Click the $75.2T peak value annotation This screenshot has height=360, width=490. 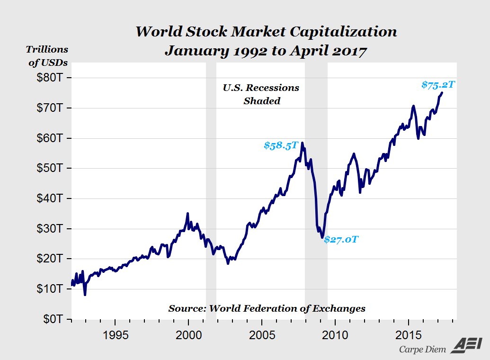click(x=438, y=85)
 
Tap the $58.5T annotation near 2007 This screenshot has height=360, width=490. click(x=281, y=145)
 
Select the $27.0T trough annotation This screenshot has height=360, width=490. click(x=341, y=240)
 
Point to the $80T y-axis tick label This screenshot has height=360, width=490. click(x=51, y=78)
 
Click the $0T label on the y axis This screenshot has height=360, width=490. click(x=53, y=319)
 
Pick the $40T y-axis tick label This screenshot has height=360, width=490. click(x=51, y=198)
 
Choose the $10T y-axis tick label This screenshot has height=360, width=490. click(x=51, y=289)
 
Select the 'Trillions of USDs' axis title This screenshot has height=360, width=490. click(x=47, y=55)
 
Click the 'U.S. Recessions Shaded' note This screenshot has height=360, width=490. click(x=261, y=94)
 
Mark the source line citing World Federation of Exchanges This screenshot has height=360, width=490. click(x=267, y=308)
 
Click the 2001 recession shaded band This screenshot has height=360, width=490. click(x=211, y=189)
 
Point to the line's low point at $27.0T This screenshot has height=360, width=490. click(x=322, y=237)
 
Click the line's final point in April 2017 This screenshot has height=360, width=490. click(x=442, y=92)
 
